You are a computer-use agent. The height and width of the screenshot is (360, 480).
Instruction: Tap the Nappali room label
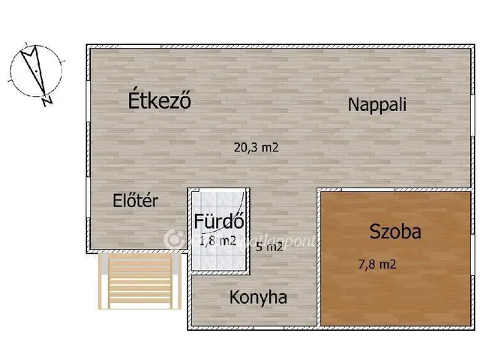376,105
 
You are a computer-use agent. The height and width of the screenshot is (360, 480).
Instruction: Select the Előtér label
136,200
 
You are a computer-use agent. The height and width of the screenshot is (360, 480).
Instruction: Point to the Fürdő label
217,221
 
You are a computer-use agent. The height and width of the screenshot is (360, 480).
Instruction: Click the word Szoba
395,232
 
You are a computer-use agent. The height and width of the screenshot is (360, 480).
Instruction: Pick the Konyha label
258,297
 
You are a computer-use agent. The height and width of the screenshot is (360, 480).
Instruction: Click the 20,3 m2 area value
235,148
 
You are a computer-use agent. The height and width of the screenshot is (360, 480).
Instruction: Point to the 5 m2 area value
269,247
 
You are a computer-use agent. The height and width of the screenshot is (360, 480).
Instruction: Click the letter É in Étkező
135,100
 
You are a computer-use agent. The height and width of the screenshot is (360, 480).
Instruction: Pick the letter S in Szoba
375,232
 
